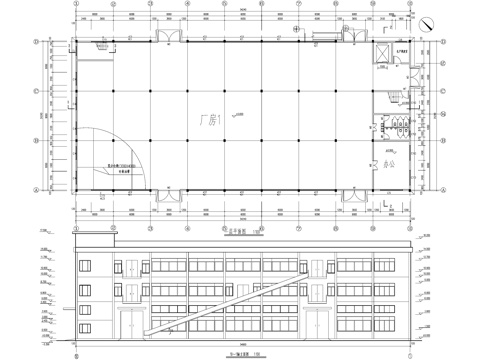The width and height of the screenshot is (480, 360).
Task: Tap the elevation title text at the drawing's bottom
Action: pyautogui.click(x=240, y=351)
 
